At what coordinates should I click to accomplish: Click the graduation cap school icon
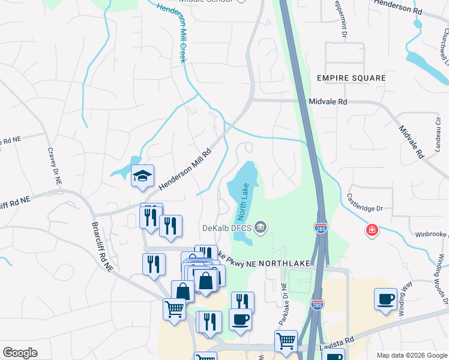(143, 176)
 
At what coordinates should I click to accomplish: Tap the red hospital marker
(372, 230)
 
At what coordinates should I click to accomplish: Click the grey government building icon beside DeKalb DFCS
(261, 227)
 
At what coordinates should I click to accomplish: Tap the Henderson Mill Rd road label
(187, 170)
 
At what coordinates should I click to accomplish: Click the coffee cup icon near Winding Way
(385, 299)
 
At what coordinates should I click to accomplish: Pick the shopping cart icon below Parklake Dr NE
(286, 341)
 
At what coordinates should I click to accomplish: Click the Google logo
(20, 353)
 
